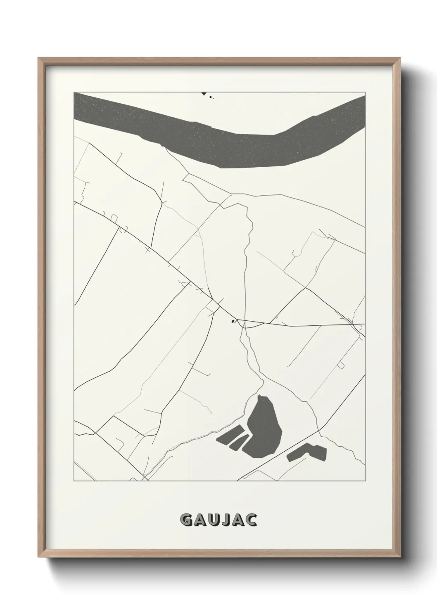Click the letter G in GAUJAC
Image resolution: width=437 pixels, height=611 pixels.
(186, 520)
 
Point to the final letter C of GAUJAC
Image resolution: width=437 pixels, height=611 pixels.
(252, 520)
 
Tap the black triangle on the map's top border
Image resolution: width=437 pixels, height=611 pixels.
(203, 94)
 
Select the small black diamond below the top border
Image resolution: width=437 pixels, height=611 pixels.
(211, 97)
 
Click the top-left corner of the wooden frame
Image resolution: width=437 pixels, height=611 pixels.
(39, 58)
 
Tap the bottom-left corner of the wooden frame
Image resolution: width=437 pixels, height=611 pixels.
(39, 556)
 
